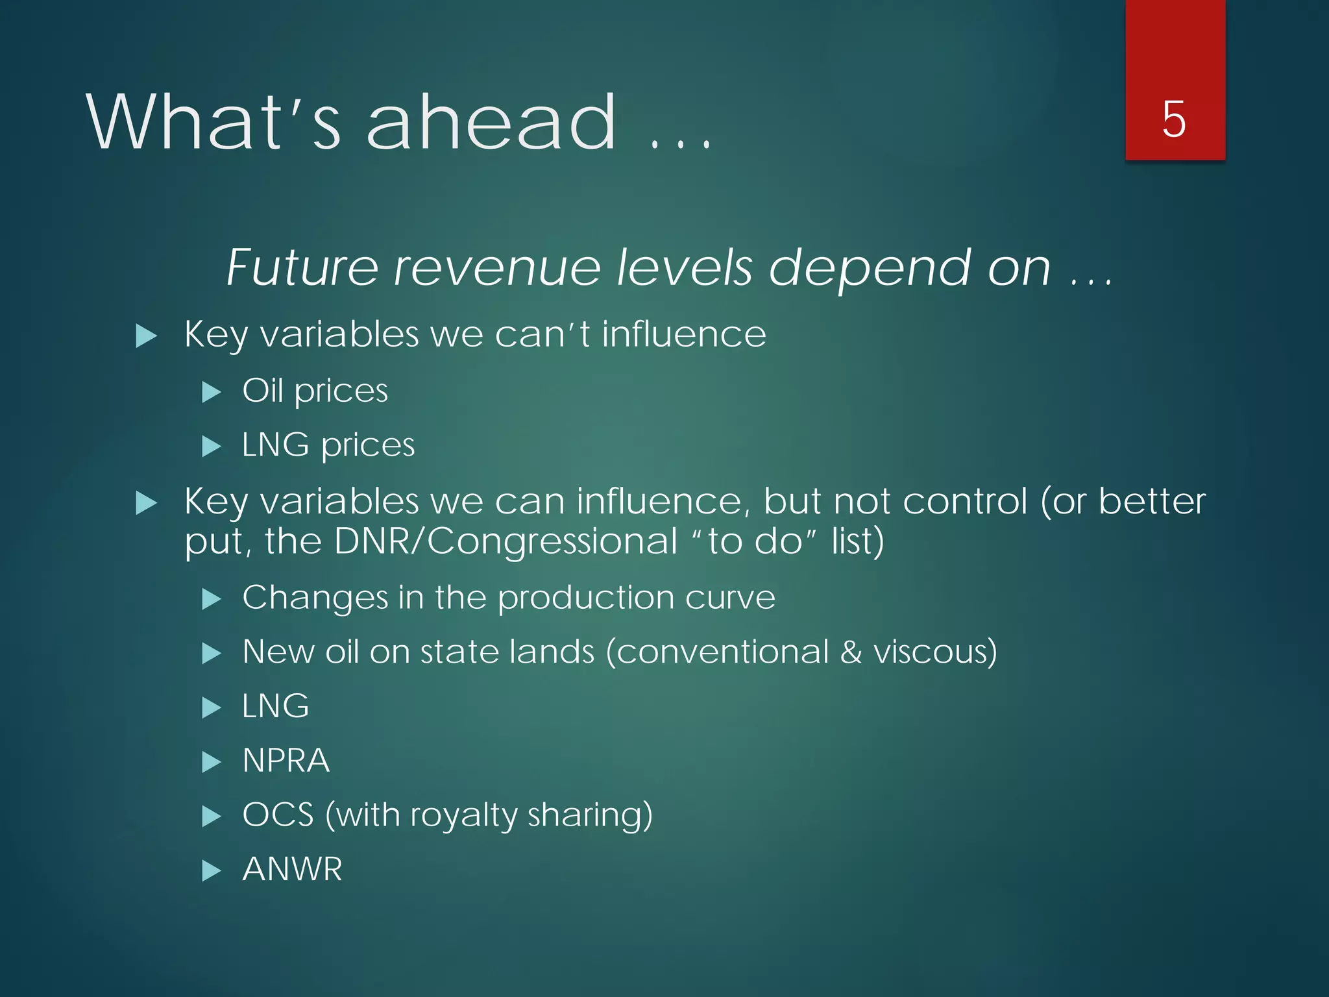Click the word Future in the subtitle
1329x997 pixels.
click(x=302, y=267)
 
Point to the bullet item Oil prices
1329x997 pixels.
click(x=315, y=391)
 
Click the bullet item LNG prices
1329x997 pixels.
click(x=328, y=446)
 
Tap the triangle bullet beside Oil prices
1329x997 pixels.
click(x=212, y=392)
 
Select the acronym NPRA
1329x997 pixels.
click(x=286, y=760)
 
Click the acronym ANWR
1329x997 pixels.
click(x=292, y=869)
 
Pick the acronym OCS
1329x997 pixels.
click(x=278, y=815)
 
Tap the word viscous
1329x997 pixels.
click(x=934, y=652)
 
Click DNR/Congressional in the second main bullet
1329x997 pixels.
click(x=506, y=541)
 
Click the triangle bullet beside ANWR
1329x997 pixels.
click(x=212, y=870)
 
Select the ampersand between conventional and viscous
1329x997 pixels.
click(x=851, y=652)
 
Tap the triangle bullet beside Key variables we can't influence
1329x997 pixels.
click(x=147, y=336)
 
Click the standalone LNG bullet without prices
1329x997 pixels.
click(x=275, y=706)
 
